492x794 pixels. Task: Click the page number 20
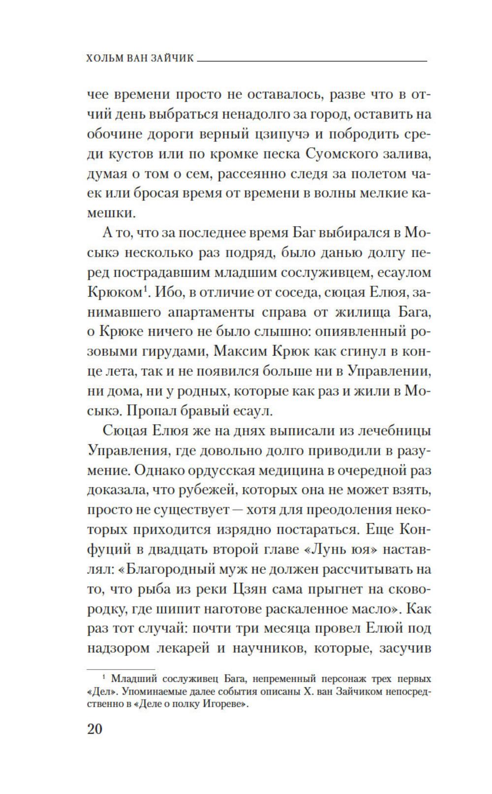click(94, 729)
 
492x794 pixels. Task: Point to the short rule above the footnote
click(120, 669)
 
